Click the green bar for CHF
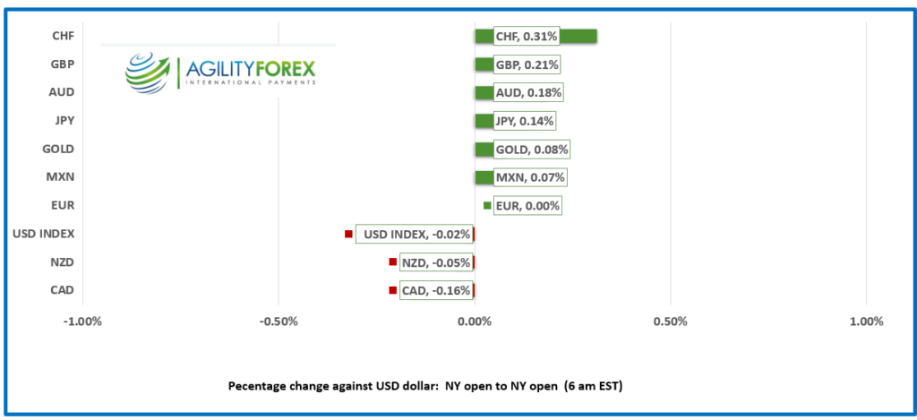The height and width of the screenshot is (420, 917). click(578, 36)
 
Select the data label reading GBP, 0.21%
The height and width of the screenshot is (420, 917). click(527, 64)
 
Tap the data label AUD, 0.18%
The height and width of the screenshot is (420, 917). click(528, 92)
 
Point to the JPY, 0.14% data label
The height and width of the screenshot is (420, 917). click(525, 121)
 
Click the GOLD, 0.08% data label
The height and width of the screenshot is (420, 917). click(531, 150)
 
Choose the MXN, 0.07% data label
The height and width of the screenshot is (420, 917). click(529, 177)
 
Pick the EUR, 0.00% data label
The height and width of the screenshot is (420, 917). click(527, 206)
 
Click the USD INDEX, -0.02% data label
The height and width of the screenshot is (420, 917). click(414, 235)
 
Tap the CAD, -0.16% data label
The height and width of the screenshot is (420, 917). click(435, 291)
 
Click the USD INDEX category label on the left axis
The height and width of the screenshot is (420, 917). click(44, 235)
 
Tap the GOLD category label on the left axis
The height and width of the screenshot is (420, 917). click(58, 150)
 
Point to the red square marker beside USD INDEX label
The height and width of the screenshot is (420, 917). click(348, 235)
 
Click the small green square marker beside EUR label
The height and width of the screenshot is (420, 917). click(487, 206)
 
